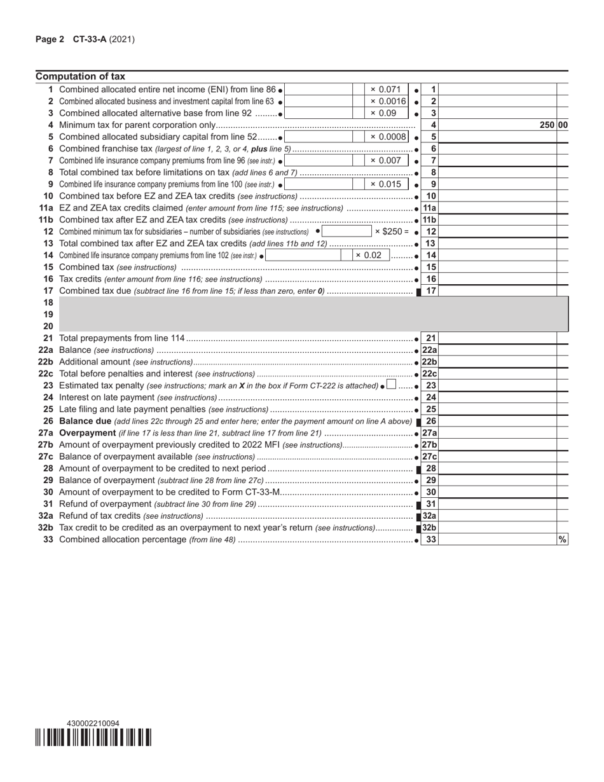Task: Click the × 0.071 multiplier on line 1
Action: (386, 90)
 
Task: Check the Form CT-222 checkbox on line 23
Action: (391, 385)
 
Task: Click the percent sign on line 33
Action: (562, 539)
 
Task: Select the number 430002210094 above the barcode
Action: (93, 724)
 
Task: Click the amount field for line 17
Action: (498, 291)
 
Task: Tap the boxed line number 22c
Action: (430, 373)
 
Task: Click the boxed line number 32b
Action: (430, 528)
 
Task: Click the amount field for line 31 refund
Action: (498, 504)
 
